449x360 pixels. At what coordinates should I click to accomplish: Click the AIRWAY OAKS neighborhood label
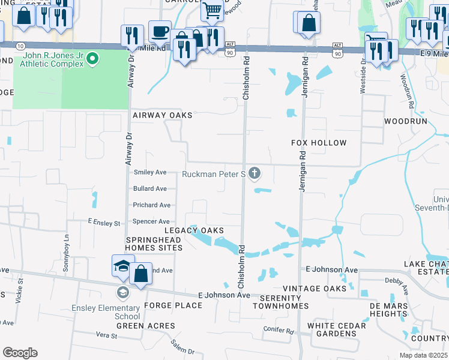(x=162, y=115)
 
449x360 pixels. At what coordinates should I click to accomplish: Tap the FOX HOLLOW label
(x=319, y=143)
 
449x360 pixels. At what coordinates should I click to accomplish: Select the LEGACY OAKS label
(x=195, y=230)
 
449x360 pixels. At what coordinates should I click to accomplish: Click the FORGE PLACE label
(x=164, y=305)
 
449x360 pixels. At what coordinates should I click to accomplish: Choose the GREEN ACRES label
(x=146, y=326)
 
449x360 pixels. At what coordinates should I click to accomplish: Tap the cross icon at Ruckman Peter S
(x=255, y=174)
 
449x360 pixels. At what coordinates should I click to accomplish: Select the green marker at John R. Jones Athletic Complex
(x=92, y=59)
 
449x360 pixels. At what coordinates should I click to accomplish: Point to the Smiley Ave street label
(x=149, y=172)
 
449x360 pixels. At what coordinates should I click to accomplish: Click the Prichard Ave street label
(x=152, y=205)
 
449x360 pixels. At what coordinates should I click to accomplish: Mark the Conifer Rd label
(x=279, y=329)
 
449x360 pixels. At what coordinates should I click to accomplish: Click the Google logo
(x=20, y=353)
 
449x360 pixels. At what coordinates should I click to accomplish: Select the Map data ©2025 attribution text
(x=424, y=355)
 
